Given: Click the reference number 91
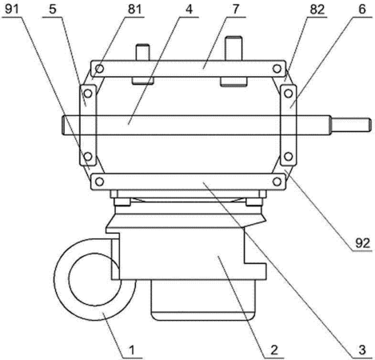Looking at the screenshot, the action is (12, 10).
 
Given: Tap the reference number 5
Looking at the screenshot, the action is (53, 10).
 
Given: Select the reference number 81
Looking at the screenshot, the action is (135, 10).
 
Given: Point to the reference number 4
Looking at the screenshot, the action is (189, 10).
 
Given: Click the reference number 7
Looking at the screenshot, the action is (236, 10).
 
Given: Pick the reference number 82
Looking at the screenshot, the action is (317, 10).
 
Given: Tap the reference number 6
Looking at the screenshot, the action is (362, 10).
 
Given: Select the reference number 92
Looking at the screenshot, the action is (362, 243).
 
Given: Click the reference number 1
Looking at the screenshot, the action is (132, 350).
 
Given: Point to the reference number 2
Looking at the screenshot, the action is (274, 350).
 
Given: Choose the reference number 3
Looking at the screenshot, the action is (362, 350).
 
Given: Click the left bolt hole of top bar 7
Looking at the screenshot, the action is (99, 69).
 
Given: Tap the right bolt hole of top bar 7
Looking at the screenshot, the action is (277, 69).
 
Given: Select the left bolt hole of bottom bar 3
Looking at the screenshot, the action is (99, 182).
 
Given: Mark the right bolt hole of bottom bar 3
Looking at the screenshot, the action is (277, 182).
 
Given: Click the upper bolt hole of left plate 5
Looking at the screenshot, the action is (88, 94).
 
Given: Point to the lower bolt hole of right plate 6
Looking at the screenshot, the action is (288, 156).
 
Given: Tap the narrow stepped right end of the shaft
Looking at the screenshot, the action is (351, 125).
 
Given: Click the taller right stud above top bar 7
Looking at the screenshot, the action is (233, 48).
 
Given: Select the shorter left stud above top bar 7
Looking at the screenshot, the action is (143, 52).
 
